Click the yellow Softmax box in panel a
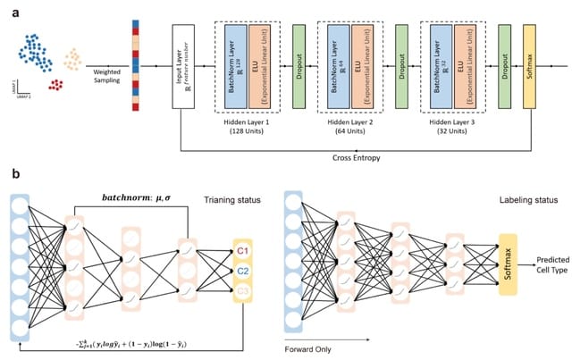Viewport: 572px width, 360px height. click(529, 66)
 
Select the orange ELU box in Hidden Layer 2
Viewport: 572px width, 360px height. click(362, 66)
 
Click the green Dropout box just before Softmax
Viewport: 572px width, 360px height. click(503, 66)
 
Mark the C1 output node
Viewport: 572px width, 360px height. click(243, 251)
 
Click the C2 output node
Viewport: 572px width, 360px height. click(243, 269)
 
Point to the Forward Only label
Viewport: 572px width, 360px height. click(307, 350)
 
